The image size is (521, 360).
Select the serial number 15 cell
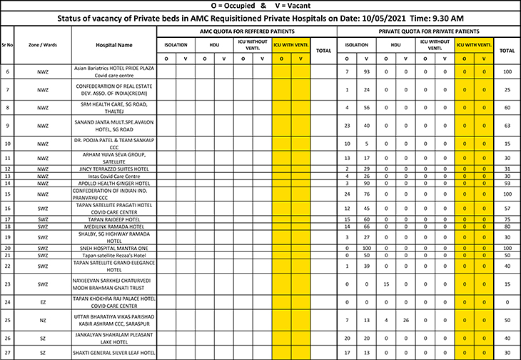coord(7,194)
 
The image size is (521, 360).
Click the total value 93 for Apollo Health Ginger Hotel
coord(507,183)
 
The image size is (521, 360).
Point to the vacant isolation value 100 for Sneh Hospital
coord(366,248)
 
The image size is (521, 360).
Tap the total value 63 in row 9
coord(507,125)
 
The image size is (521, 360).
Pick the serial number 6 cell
coord(7,71)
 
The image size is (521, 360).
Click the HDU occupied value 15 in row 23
coord(385,284)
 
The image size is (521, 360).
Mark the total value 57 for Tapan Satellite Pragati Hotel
coord(507,209)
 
